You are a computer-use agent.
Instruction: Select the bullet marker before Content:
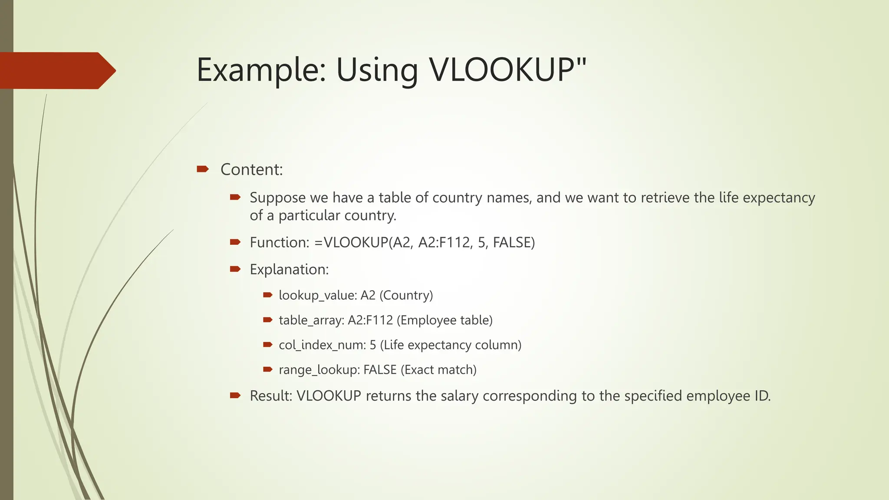(x=202, y=169)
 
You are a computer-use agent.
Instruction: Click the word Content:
(x=251, y=169)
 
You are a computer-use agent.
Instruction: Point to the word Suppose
(x=277, y=197)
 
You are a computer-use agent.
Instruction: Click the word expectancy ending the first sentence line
(x=779, y=197)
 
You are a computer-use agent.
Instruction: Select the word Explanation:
(x=289, y=269)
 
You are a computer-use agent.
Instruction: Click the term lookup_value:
(x=318, y=295)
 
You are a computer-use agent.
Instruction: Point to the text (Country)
(x=406, y=295)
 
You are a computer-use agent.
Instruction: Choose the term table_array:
(x=311, y=320)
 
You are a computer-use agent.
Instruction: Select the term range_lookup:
(x=319, y=370)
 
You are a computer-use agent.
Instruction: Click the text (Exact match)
(x=438, y=370)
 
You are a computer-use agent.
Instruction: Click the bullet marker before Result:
(x=235, y=395)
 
